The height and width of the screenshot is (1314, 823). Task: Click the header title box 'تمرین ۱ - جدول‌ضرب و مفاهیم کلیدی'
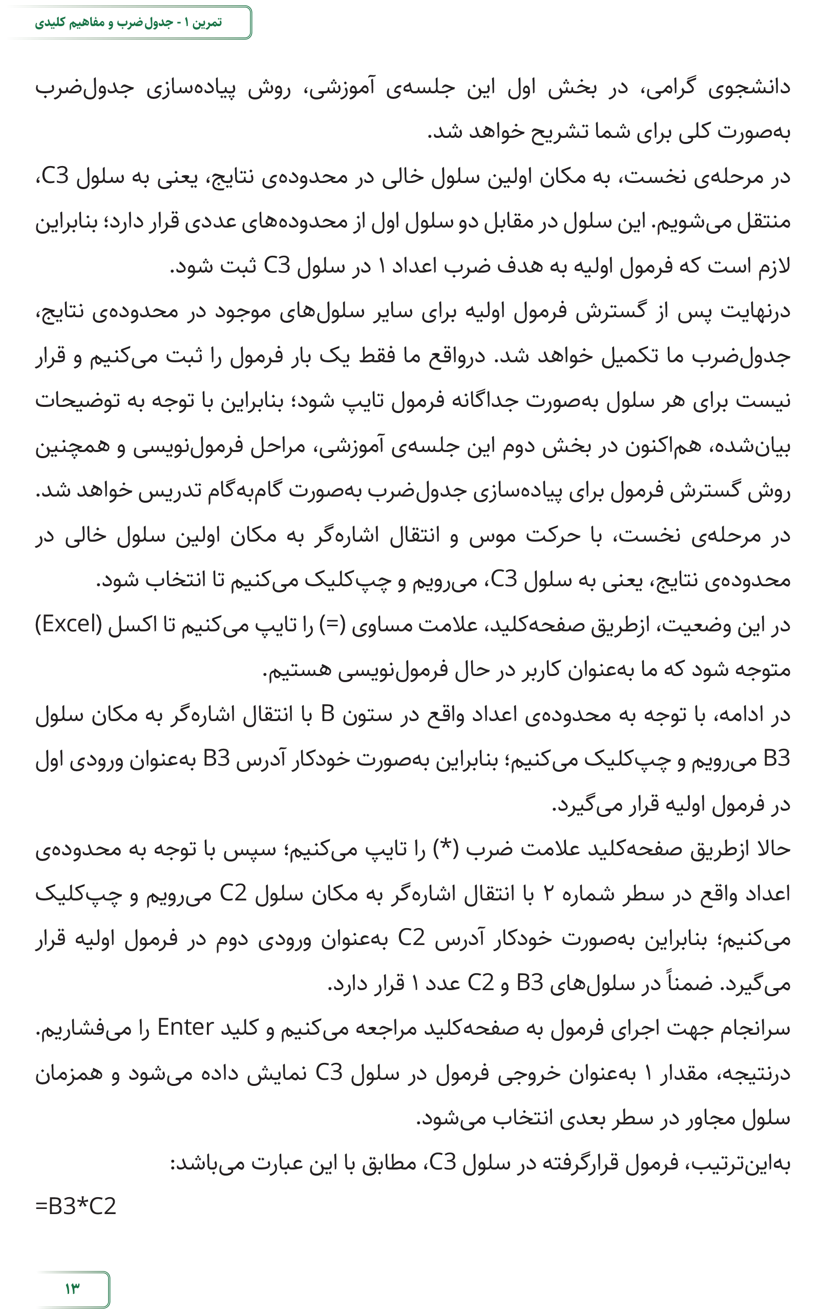[x=129, y=23]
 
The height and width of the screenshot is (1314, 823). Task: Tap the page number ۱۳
[x=72, y=1288]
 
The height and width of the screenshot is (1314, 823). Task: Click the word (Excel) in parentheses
[x=69, y=624]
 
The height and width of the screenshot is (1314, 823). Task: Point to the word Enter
[x=185, y=1028]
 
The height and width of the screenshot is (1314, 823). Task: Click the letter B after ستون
[x=328, y=713]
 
